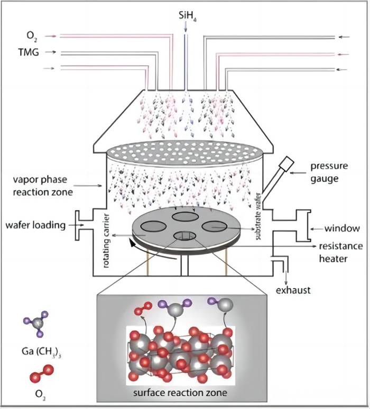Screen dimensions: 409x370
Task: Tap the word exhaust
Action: pyautogui.click(x=293, y=290)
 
